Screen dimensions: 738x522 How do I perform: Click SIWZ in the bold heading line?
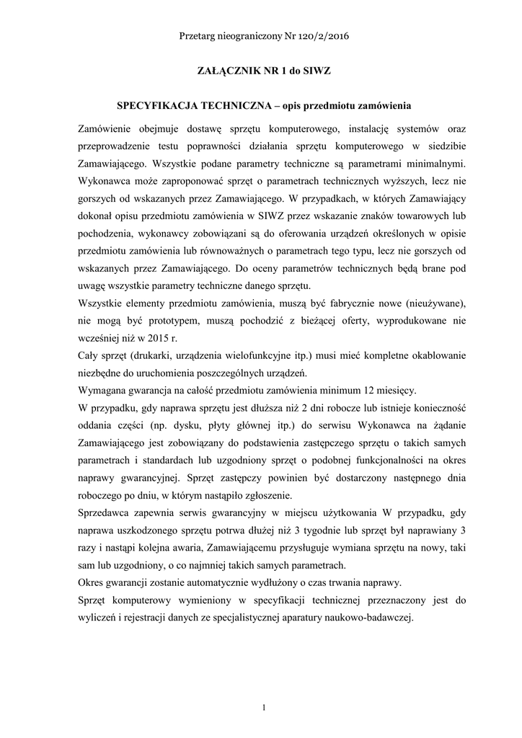click(316, 71)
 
